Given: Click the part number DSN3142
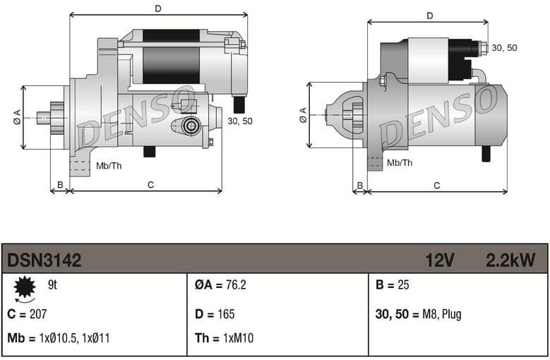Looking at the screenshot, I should pyautogui.click(x=44, y=260).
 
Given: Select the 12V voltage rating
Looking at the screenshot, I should pyautogui.click(x=439, y=260).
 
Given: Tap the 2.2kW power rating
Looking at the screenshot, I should pyautogui.click(x=510, y=260).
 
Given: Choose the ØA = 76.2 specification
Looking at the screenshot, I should pyautogui.click(x=220, y=286).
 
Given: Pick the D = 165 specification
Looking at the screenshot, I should pyautogui.click(x=215, y=314).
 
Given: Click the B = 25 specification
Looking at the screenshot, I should pyautogui.click(x=393, y=286).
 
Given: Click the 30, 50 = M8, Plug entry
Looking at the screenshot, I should pyautogui.click(x=418, y=314).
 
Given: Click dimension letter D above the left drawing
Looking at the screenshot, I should pyautogui.click(x=158, y=8).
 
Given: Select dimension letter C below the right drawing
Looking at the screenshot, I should pyautogui.click(x=437, y=186).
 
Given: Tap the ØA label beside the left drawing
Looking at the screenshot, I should pyautogui.click(x=17, y=118).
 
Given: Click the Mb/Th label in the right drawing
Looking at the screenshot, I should pyautogui.click(x=400, y=163).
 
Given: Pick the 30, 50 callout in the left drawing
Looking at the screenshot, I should pyautogui.click(x=240, y=121).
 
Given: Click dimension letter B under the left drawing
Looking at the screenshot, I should pyautogui.click(x=60, y=185).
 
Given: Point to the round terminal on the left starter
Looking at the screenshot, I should pyautogui.click(x=190, y=126).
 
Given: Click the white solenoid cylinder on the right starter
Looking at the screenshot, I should pyautogui.click(x=428, y=61).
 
